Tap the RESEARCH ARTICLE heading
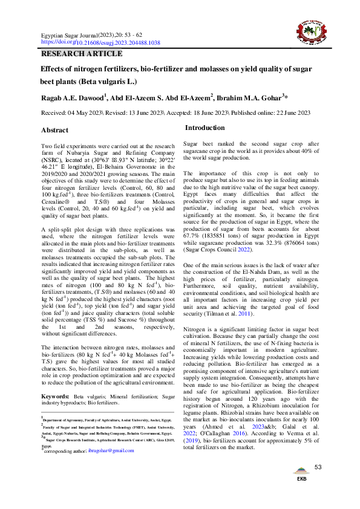[x=81, y=54]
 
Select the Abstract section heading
[x=54, y=130]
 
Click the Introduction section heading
[x=205, y=128]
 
